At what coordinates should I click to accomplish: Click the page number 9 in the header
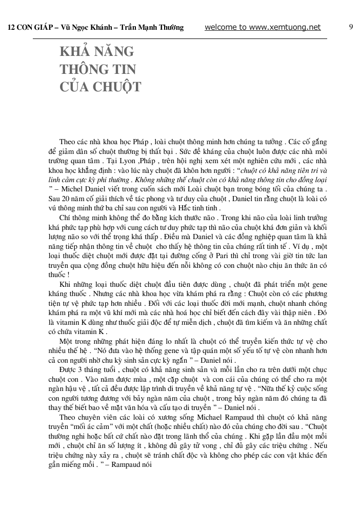(351, 27)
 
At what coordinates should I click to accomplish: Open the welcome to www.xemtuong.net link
(263, 28)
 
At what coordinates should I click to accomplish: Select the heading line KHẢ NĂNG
(97, 52)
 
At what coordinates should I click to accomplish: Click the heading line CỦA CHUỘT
(101, 87)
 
